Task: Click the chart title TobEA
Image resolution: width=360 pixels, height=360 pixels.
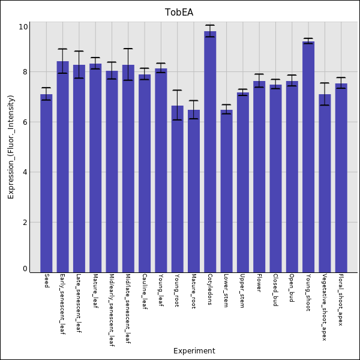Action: pos(179,13)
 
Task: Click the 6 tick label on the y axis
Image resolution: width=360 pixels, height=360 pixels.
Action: pos(25,122)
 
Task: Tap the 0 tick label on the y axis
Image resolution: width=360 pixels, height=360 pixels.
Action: pos(25,269)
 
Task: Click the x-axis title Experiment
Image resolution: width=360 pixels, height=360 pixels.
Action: pos(194,351)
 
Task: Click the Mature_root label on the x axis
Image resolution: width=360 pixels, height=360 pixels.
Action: pos(193,291)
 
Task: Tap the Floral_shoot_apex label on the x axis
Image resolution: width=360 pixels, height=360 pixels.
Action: pos(340,300)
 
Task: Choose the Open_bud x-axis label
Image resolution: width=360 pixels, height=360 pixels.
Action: pos(292,289)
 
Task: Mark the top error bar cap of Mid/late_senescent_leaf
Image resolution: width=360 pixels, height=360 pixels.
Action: pos(128,49)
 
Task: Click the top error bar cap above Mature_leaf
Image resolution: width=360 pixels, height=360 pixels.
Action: pos(95,58)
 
